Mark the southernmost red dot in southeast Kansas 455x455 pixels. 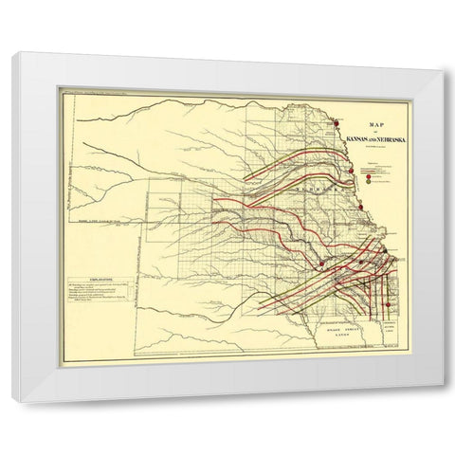pos(387,303)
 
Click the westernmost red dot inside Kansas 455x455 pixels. pos(322,264)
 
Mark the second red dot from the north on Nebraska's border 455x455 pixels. pos(352,171)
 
